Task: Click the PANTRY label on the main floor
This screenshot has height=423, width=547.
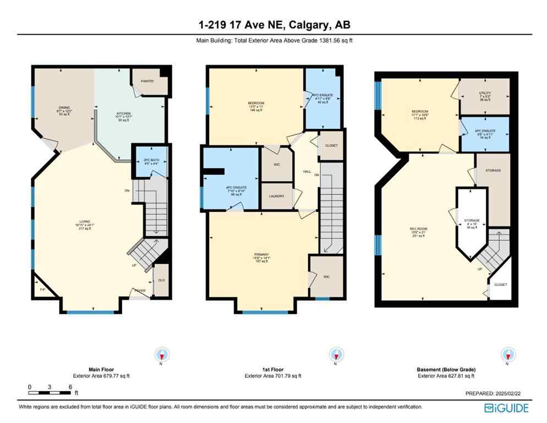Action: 147,81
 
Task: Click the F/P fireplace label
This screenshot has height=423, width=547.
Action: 42,289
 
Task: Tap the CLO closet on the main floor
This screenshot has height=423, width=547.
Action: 161,279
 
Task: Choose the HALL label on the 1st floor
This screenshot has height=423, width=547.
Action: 307,171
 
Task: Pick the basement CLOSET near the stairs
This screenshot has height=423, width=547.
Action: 500,285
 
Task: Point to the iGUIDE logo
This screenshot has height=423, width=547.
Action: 506,408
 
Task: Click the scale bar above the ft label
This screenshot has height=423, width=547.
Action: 50,393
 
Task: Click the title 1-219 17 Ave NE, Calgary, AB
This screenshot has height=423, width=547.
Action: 273,24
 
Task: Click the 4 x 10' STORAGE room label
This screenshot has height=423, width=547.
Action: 472,223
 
